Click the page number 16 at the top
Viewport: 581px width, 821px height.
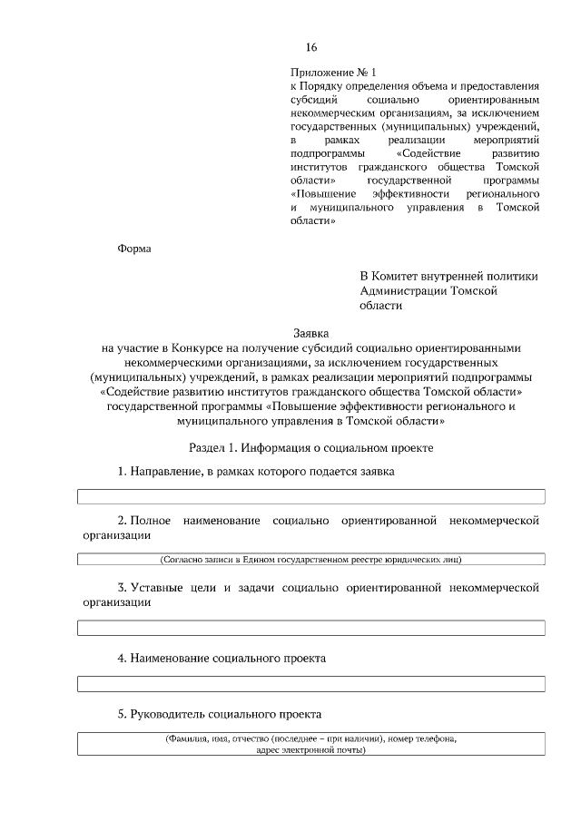coord(311,47)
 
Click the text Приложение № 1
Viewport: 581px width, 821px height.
coord(332,71)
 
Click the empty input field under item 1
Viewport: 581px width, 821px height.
coord(310,496)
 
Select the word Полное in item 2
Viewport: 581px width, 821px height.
coord(149,521)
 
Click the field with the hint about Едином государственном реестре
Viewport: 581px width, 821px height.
coord(310,560)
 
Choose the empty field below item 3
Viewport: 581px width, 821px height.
coord(310,628)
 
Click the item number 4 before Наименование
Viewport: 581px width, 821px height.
coord(122,658)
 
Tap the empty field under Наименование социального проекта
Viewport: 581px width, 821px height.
coord(310,683)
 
